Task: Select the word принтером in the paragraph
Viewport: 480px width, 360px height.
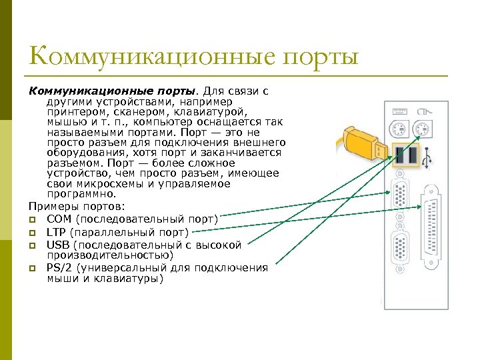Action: coord(73,112)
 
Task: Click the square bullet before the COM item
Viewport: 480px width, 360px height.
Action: coord(31,219)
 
